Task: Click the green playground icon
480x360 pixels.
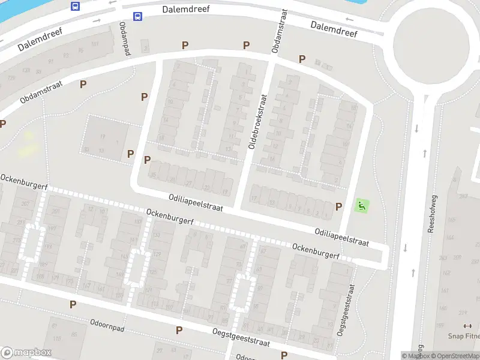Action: pos(361,206)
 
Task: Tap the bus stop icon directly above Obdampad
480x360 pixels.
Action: pos(137,16)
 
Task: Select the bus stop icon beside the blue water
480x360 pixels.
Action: pos(76,6)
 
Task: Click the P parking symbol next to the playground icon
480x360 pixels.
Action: pos(339,206)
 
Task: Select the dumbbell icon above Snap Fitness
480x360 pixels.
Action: pos(467,326)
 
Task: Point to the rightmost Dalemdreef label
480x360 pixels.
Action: pos(334,29)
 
